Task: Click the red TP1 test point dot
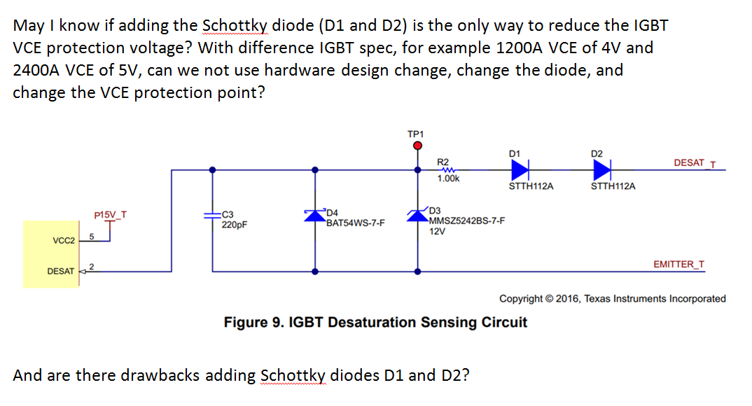(x=418, y=146)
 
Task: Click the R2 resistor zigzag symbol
(x=447, y=169)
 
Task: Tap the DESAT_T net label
(x=694, y=163)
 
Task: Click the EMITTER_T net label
(x=678, y=265)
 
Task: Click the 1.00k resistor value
(x=448, y=179)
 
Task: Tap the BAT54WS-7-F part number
(x=355, y=223)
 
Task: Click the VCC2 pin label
(x=64, y=241)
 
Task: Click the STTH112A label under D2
(x=613, y=186)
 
